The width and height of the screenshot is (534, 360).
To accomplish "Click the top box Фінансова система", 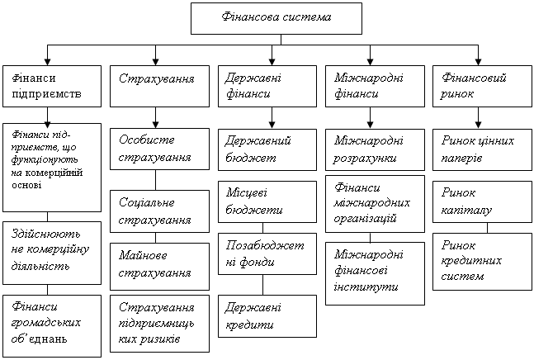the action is pos(276,18).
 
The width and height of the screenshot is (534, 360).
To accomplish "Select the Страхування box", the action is pos(159,86).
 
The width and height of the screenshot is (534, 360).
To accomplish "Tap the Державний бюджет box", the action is pos(267,149).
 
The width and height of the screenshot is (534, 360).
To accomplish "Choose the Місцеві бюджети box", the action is pos(267,202).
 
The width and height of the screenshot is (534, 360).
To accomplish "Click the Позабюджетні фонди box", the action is pos(267,253).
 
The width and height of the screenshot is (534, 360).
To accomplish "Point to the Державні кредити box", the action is pos(267,316).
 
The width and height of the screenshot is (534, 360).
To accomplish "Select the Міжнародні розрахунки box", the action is pos(375,149).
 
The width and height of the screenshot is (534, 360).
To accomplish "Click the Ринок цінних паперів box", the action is pos(482,149).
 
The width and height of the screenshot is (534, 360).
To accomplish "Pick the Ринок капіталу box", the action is pos(482,202).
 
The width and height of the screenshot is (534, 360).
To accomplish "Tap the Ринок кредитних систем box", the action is pos(482,262).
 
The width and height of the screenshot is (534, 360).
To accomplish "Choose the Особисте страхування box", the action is pos(159,149).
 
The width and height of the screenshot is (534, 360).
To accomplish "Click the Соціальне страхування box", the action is pos(159,211).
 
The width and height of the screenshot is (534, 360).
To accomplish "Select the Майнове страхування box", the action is pos(159,267).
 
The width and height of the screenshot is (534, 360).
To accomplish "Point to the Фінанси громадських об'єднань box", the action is pos(52,326).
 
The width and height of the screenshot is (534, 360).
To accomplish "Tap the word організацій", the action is pos(365,218).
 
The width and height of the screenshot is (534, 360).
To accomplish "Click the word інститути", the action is pos(366,287).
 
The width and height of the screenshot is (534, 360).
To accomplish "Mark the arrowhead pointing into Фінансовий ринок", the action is pos(478,62).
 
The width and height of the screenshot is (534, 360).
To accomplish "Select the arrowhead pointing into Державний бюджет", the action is pos(272,125).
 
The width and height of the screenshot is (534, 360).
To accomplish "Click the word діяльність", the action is pos(40,266).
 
